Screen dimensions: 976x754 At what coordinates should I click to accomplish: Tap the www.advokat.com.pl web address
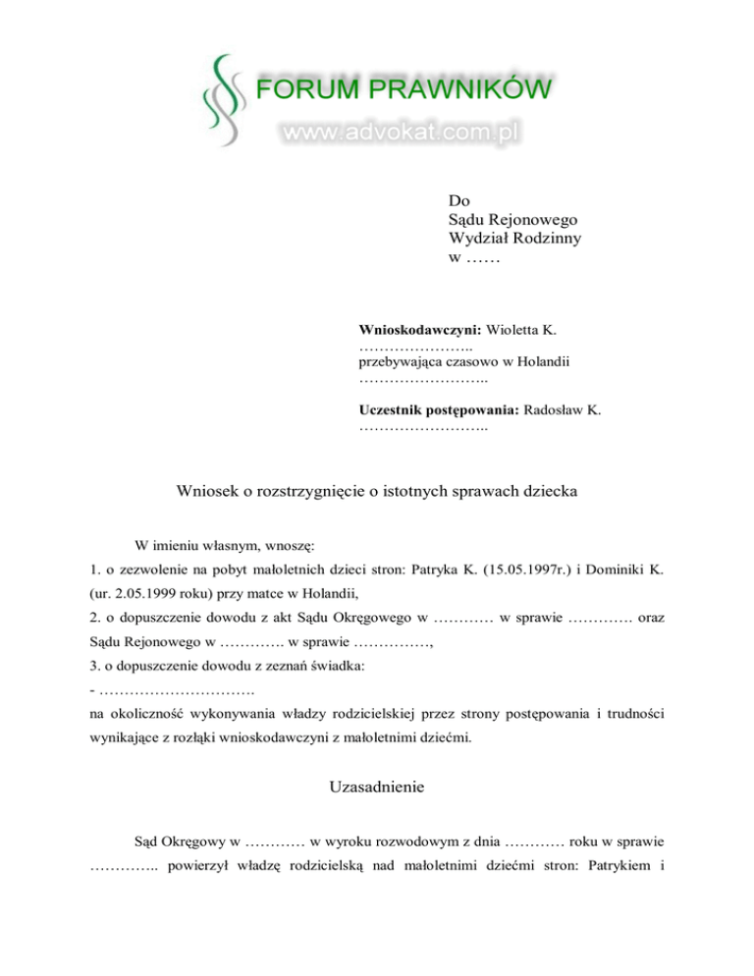coord(401,132)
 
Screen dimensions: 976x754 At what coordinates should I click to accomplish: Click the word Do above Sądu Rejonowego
coord(457,200)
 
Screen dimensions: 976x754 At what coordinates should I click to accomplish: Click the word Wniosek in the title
coord(210,490)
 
